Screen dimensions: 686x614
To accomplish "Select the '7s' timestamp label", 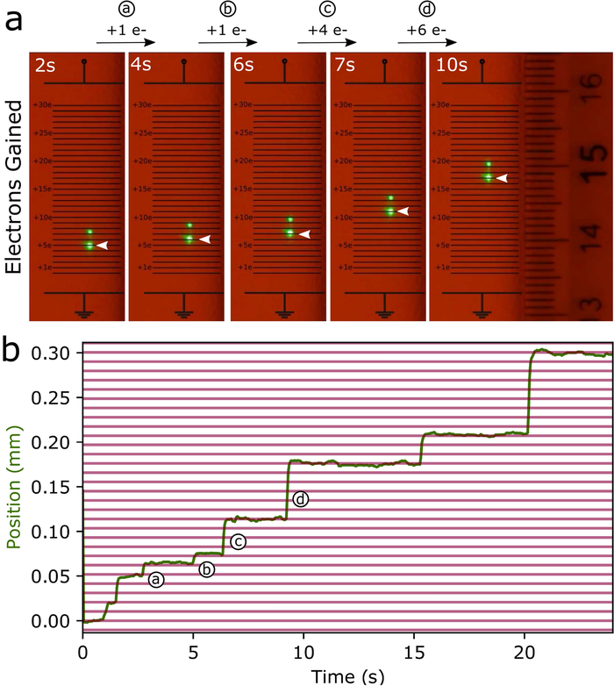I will point(344,65).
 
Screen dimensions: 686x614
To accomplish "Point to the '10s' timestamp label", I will point(447,65).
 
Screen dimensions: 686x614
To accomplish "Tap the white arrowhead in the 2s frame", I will point(102,247).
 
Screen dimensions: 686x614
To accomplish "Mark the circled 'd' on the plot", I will point(302,499).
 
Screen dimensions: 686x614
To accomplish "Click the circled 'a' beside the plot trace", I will point(155,580).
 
